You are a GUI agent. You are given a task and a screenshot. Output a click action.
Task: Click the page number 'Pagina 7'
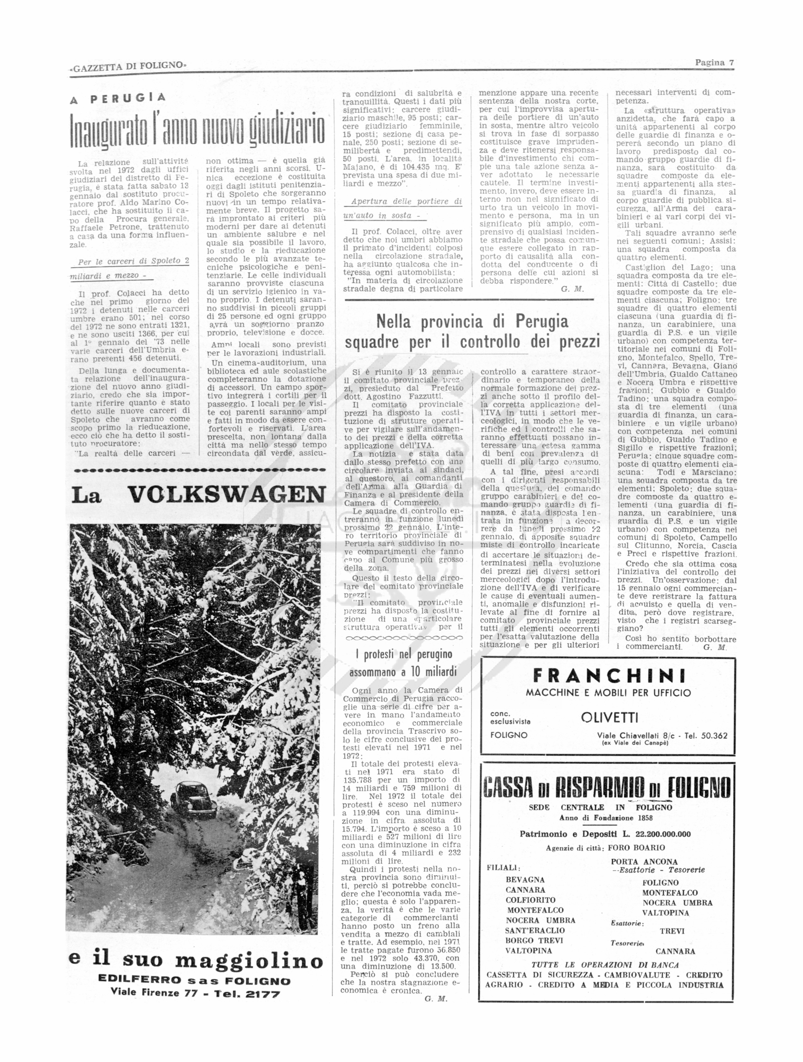[x=714, y=62]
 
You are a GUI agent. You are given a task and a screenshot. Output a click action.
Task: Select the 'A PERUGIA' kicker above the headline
[x=118, y=98]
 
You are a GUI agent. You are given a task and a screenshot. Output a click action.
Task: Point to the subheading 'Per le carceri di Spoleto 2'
[x=134, y=261]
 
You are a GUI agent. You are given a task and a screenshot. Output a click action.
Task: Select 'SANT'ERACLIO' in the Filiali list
[x=534, y=930]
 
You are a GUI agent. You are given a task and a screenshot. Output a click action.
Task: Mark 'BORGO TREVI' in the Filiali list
[x=534, y=941]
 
